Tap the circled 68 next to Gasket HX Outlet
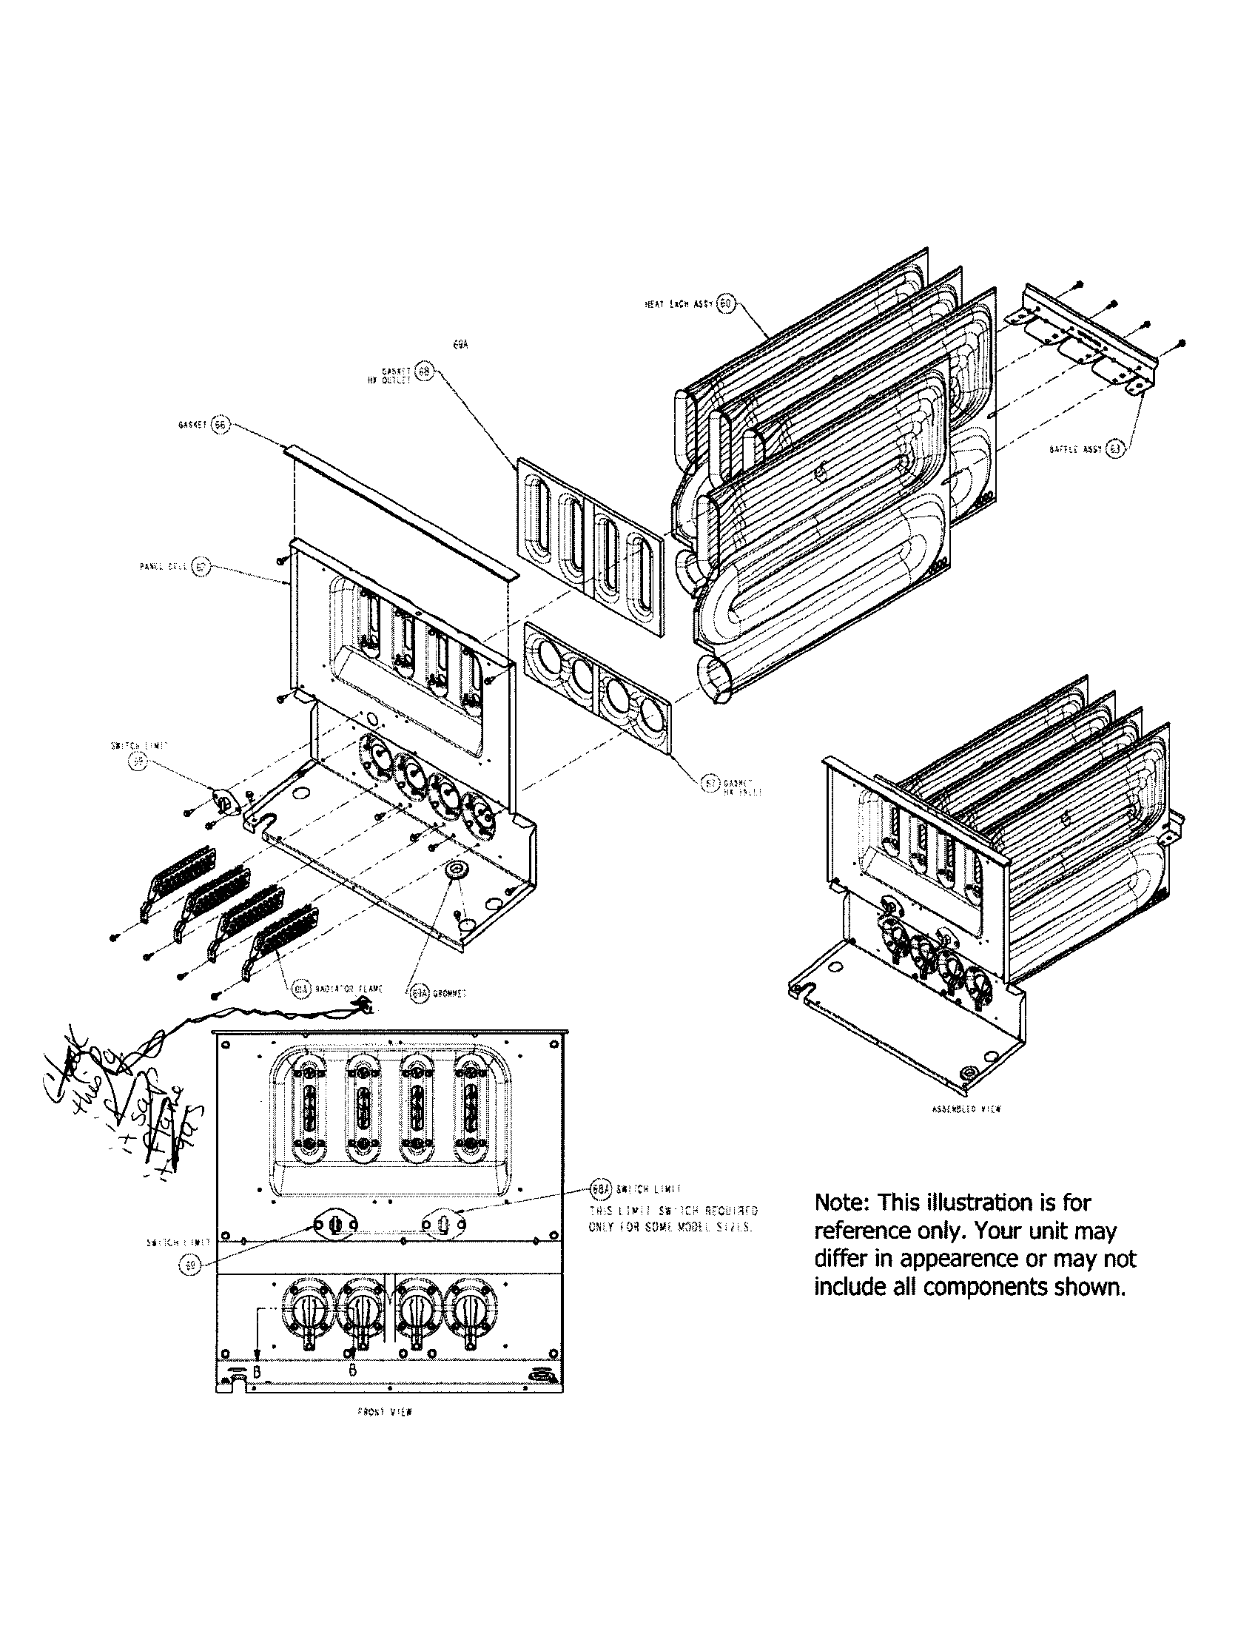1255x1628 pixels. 423,372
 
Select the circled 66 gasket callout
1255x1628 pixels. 220,425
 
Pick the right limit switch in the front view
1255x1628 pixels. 443,1224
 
